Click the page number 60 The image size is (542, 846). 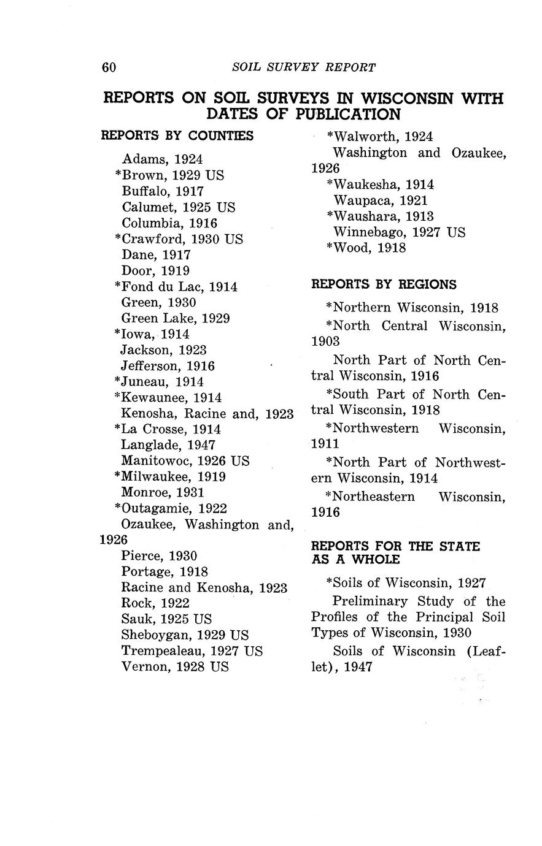click(x=109, y=67)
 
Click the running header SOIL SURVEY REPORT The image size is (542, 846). click(x=304, y=67)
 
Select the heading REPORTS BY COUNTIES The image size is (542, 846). click(x=177, y=135)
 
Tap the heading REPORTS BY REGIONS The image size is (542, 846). click(x=384, y=284)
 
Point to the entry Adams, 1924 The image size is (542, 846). click(x=162, y=159)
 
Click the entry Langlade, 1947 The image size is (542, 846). click(x=168, y=445)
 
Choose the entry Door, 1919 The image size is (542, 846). click(x=155, y=271)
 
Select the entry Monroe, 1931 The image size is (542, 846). click(x=163, y=492)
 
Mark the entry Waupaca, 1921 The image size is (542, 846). click(x=381, y=200)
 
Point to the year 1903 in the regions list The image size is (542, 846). click(x=325, y=341)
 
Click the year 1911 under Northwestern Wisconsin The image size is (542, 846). click(x=325, y=443)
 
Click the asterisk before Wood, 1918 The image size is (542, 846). click(x=330, y=248)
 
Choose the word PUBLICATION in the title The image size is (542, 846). click(x=348, y=115)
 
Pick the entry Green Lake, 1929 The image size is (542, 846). click(x=176, y=318)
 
